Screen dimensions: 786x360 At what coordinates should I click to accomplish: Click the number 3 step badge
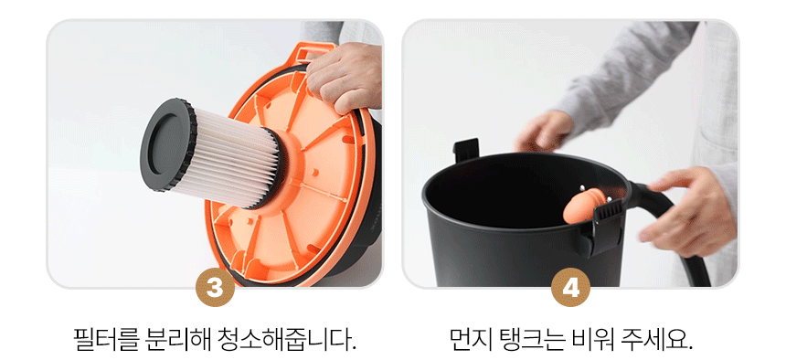tap(215, 287)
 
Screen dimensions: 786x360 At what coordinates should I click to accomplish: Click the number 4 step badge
tap(570, 287)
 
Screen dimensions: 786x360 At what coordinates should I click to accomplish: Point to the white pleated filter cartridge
tap(235, 159)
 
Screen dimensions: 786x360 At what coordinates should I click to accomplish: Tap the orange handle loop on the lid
tap(313, 52)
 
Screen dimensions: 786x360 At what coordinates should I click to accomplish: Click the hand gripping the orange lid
tap(345, 77)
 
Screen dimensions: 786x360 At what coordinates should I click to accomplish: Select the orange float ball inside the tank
tap(582, 206)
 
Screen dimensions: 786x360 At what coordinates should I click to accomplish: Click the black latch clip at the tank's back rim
tap(466, 150)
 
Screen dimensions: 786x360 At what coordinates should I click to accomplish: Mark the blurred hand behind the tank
tap(543, 132)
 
